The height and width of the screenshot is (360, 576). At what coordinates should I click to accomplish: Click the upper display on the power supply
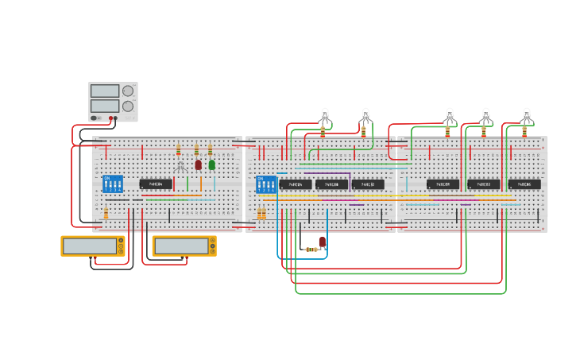point(105,91)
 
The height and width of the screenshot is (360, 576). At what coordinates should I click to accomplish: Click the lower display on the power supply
point(105,106)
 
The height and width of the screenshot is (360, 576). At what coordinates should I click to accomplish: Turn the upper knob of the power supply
point(128,91)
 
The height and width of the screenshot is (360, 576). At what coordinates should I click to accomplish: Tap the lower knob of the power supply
point(128,106)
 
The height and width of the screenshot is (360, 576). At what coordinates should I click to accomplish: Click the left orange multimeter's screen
point(90,246)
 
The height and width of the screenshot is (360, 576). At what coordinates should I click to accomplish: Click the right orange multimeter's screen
point(181,246)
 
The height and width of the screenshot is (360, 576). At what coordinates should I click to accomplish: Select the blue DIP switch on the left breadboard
point(113,184)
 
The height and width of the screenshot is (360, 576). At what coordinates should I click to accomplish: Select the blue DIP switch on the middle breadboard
point(266,184)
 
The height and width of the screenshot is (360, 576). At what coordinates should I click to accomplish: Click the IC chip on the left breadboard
point(156,184)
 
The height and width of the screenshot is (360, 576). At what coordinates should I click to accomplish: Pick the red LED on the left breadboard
point(199,165)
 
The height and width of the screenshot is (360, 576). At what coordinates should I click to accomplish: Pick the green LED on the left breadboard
point(212,165)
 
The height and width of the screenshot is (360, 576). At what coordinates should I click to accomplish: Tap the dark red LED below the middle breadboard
point(323,242)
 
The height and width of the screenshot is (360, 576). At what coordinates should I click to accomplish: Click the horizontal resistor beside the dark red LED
point(311,250)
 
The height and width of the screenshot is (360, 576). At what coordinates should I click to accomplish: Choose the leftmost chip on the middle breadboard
point(295,184)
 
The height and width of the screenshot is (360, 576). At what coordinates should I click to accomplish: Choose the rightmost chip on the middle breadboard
point(368,184)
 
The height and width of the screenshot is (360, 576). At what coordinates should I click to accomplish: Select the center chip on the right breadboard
point(484,184)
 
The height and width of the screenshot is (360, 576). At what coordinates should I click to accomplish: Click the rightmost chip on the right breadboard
point(524,184)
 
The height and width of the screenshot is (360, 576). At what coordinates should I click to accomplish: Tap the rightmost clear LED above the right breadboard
point(526,115)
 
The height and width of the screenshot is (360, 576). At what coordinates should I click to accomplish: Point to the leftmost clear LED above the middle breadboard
point(324,115)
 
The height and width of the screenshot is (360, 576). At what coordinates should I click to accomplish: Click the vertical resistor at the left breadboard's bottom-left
point(106,213)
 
